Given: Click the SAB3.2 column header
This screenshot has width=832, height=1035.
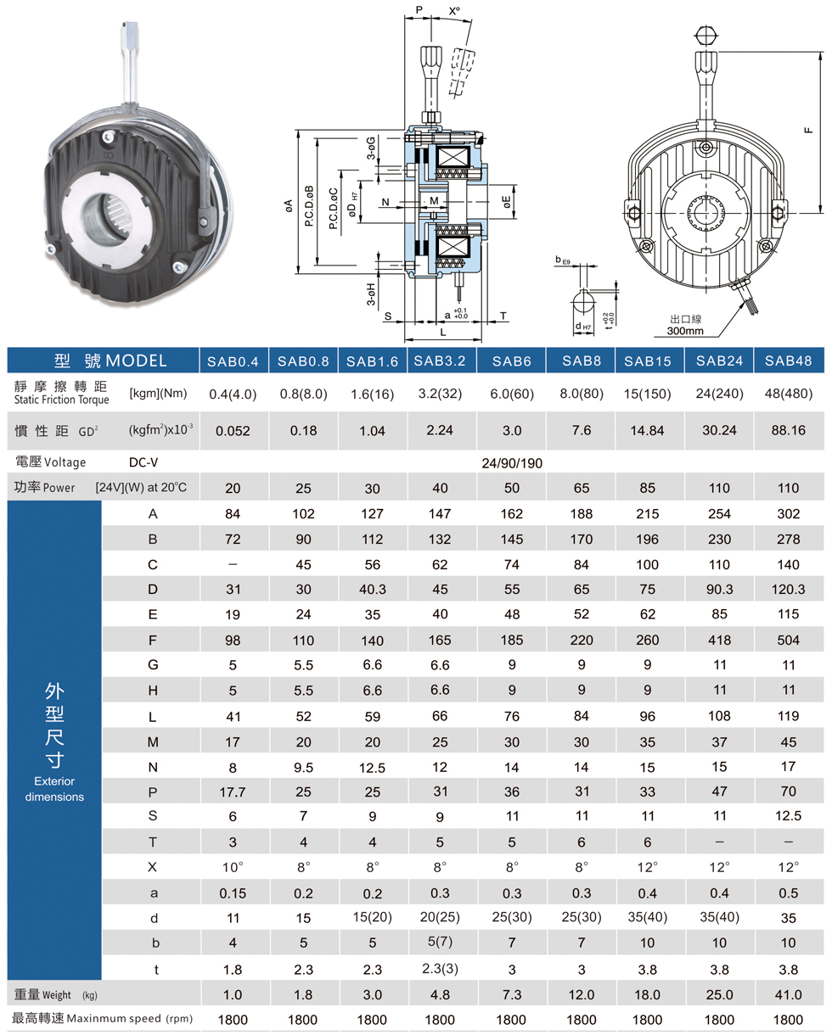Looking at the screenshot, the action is (x=440, y=361).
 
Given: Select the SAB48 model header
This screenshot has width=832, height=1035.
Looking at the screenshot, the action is (x=788, y=361).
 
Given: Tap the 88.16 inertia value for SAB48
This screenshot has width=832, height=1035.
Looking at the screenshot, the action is (x=788, y=430).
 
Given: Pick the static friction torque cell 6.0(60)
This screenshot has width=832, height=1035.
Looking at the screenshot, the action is (x=512, y=394).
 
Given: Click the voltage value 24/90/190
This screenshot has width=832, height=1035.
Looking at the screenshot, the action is (x=512, y=463).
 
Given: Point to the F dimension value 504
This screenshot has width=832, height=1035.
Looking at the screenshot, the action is (x=788, y=641).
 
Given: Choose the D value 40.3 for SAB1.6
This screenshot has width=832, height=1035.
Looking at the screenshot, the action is (x=372, y=589).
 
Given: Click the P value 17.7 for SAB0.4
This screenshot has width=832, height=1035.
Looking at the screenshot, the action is (x=233, y=792).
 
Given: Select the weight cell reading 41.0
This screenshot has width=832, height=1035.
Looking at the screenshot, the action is (x=788, y=994).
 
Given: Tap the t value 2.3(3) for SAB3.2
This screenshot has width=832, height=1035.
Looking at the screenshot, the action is (x=440, y=969).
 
